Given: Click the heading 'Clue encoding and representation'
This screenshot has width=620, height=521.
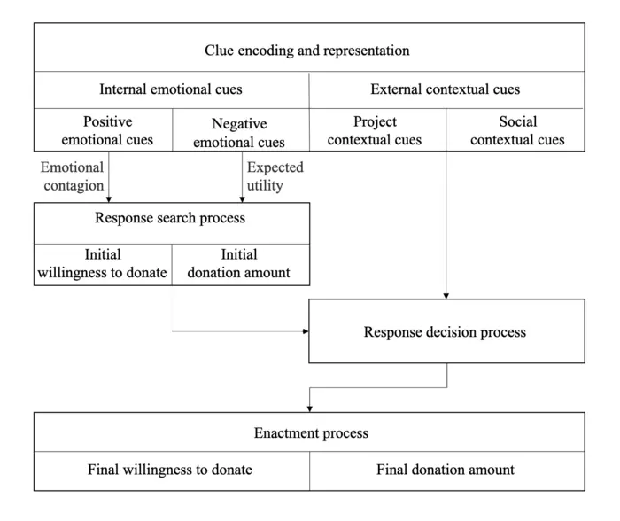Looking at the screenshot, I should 307,51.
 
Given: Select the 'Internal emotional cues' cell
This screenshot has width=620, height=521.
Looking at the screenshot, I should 171,89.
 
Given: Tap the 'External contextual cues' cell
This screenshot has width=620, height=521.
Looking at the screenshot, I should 445,89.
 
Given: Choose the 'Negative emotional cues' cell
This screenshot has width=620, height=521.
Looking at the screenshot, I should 239,132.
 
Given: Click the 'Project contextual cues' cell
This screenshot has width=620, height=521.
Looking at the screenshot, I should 376,130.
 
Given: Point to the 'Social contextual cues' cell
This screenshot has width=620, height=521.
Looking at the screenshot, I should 517,130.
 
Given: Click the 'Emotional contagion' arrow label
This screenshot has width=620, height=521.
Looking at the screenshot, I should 72,175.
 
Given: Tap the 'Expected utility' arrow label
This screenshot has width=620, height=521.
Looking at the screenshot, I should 275,175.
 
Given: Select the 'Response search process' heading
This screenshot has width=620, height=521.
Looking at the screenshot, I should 170,218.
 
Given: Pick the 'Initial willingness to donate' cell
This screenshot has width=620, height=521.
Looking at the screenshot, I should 103,263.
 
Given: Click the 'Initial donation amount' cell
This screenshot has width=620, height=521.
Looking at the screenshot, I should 239,263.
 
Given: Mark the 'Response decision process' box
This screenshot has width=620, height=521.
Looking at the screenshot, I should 445,332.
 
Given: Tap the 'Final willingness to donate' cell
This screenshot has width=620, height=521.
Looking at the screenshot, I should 170,470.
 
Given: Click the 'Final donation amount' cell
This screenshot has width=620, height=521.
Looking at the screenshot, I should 445,470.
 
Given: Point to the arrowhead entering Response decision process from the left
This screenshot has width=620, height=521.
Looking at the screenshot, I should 305,332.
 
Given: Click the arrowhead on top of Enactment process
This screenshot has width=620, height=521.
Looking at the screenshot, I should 309,408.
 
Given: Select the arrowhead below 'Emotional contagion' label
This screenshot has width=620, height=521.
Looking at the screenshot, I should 108,198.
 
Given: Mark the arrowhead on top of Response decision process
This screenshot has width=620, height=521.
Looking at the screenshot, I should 446,295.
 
